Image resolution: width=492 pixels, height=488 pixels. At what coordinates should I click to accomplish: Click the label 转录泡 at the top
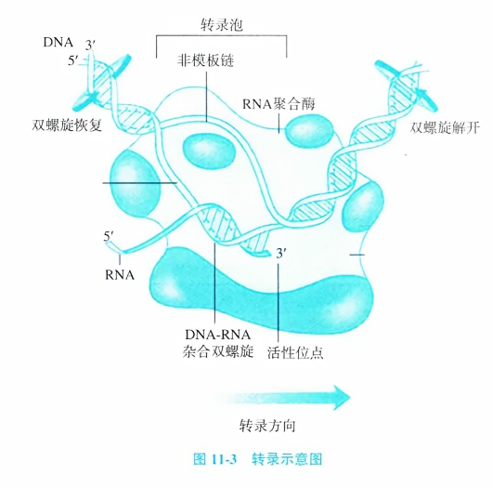tap(222, 25)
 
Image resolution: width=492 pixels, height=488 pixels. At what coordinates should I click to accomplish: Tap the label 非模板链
tap(205, 60)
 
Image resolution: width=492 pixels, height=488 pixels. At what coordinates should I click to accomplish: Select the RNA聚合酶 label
tap(278, 104)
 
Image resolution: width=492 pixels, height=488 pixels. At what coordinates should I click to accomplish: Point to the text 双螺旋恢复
tap(67, 125)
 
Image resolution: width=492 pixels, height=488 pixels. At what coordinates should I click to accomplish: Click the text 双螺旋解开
tap(445, 127)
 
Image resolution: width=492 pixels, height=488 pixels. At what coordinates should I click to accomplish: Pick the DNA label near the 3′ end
tap(58, 43)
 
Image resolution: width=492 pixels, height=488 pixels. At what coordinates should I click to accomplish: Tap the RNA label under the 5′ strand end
tap(120, 275)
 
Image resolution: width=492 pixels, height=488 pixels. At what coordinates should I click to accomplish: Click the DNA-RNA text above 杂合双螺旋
tap(218, 335)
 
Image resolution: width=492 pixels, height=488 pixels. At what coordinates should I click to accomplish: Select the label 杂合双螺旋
tap(218, 351)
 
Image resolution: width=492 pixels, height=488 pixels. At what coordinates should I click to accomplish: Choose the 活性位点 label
tap(295, 352)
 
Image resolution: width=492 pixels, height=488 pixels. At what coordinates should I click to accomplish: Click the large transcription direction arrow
tap(282, 398)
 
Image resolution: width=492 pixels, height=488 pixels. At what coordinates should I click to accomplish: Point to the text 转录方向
tap(267, 426)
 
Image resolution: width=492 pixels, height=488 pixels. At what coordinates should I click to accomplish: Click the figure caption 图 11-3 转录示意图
tap(258, 459)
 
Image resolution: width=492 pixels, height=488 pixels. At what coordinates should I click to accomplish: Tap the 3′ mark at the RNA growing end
tap(281, 253)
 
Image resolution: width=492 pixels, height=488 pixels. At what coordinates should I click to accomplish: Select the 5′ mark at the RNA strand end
tap(109, 236)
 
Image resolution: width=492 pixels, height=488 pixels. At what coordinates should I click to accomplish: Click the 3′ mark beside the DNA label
tap(90, 46)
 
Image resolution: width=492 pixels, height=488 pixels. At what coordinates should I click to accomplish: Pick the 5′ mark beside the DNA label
tap(73, 60)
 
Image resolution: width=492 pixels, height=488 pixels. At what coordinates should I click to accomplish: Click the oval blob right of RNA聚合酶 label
tap(309, 131)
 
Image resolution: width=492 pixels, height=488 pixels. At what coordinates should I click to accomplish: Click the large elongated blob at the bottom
tap(261, 291)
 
